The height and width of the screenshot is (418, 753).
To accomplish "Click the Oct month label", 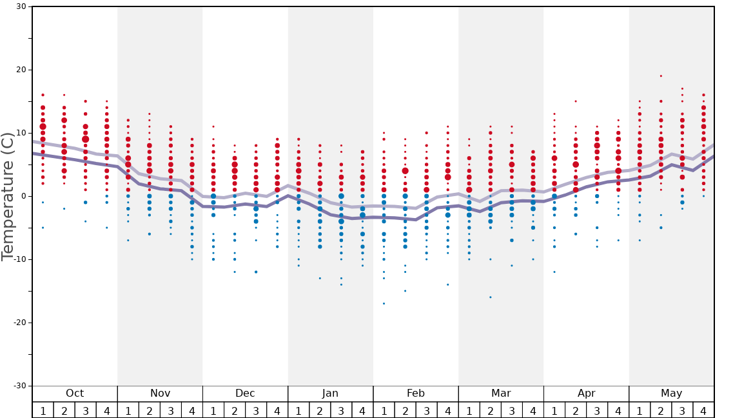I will pos(75,393).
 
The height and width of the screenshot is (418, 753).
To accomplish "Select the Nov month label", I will pos(160,393).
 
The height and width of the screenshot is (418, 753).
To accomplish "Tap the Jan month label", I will pos(330,393).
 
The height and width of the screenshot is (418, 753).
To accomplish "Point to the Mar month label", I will pos(501,393).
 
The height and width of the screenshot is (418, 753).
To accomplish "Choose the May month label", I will pos(671,393).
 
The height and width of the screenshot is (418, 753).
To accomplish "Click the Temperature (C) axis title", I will pos(8,196).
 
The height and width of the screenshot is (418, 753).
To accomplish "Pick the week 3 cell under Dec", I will pos(256,410).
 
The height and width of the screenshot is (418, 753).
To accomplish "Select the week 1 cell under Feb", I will pos(384,410).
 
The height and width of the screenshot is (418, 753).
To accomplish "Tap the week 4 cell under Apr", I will pos(618,410).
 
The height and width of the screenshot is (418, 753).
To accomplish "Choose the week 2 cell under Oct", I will pos(64,410).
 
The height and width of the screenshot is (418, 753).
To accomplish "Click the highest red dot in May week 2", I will pos(661,76).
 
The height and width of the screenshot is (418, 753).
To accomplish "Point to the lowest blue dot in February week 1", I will pos(384,303).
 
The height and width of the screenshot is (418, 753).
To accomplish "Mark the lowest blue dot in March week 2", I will pos(490,297).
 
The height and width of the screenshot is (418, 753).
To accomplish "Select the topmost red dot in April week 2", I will pos(576,101).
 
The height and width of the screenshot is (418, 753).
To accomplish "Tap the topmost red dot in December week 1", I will pos(213,126).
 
